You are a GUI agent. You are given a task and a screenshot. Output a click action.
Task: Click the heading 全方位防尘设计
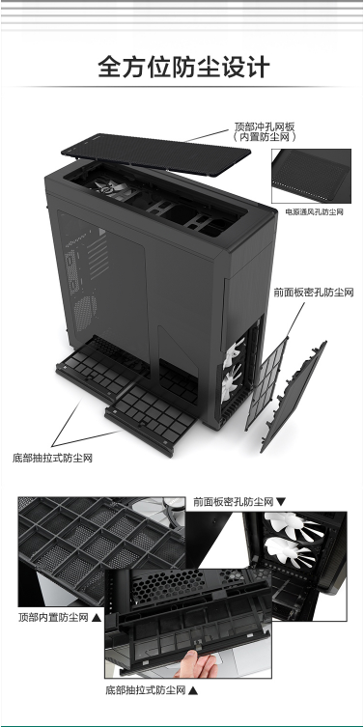[183, 68]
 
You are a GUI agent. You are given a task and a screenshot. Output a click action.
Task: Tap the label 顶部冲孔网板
[265, 126]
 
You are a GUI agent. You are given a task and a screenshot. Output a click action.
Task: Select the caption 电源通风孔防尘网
[315, 212]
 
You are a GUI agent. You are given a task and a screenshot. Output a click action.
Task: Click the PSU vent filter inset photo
[311, 176]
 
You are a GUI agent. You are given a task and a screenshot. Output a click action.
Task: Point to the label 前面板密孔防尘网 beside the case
[314, 293]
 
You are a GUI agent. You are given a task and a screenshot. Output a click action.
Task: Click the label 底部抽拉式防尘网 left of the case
[52, 458]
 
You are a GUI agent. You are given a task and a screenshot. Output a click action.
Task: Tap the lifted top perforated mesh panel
[155, 154]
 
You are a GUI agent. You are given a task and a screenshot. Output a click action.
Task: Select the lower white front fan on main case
[231, 383]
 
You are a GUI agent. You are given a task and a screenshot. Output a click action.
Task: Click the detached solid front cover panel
[294, 397]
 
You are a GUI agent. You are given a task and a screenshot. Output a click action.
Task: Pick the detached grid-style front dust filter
[266, 384]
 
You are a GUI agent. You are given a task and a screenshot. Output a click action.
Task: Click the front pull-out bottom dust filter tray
[150, 418]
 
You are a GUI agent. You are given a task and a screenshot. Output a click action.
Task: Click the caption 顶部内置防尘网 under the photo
[53, 618]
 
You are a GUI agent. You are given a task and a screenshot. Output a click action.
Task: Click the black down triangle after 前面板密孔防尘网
[281, 502]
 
